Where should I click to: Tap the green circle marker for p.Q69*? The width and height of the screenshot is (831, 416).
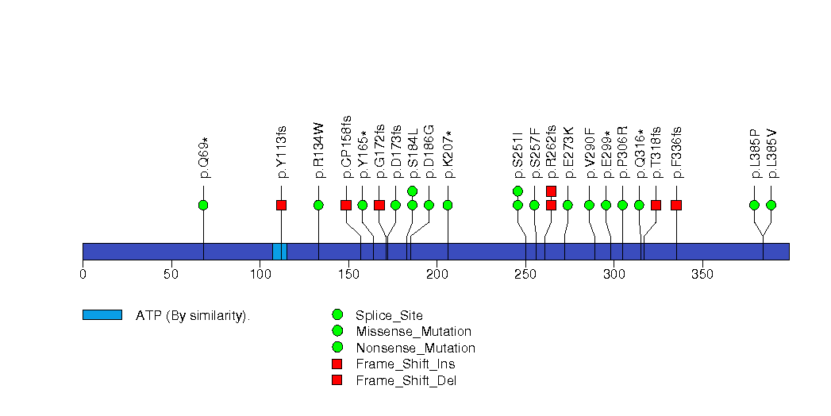pyautogui.click(x=203, y=205)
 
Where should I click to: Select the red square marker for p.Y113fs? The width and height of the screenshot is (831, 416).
pyautogui.click(x=281, y=205)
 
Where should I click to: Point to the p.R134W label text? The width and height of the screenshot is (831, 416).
pyautogui.click(x=319, y=149)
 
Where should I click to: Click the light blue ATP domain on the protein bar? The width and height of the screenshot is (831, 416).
pyautogui.click(x=279, y=251)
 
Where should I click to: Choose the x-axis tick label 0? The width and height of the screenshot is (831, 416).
pyautogui.click(x=83, y=274)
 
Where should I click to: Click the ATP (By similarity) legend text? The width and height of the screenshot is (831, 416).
pyautogui.click(x=193, y=316)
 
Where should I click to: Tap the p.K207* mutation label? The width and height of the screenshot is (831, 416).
pyautogui.click(x=448, y=153)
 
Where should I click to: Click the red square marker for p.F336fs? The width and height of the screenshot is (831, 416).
pyautogui.click(x=676, y=205)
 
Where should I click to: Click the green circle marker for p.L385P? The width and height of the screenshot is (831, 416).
pyautogui.click(x=754, y=205)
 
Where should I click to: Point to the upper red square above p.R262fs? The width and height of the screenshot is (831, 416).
pyautogui.click(x=551, y=191)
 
